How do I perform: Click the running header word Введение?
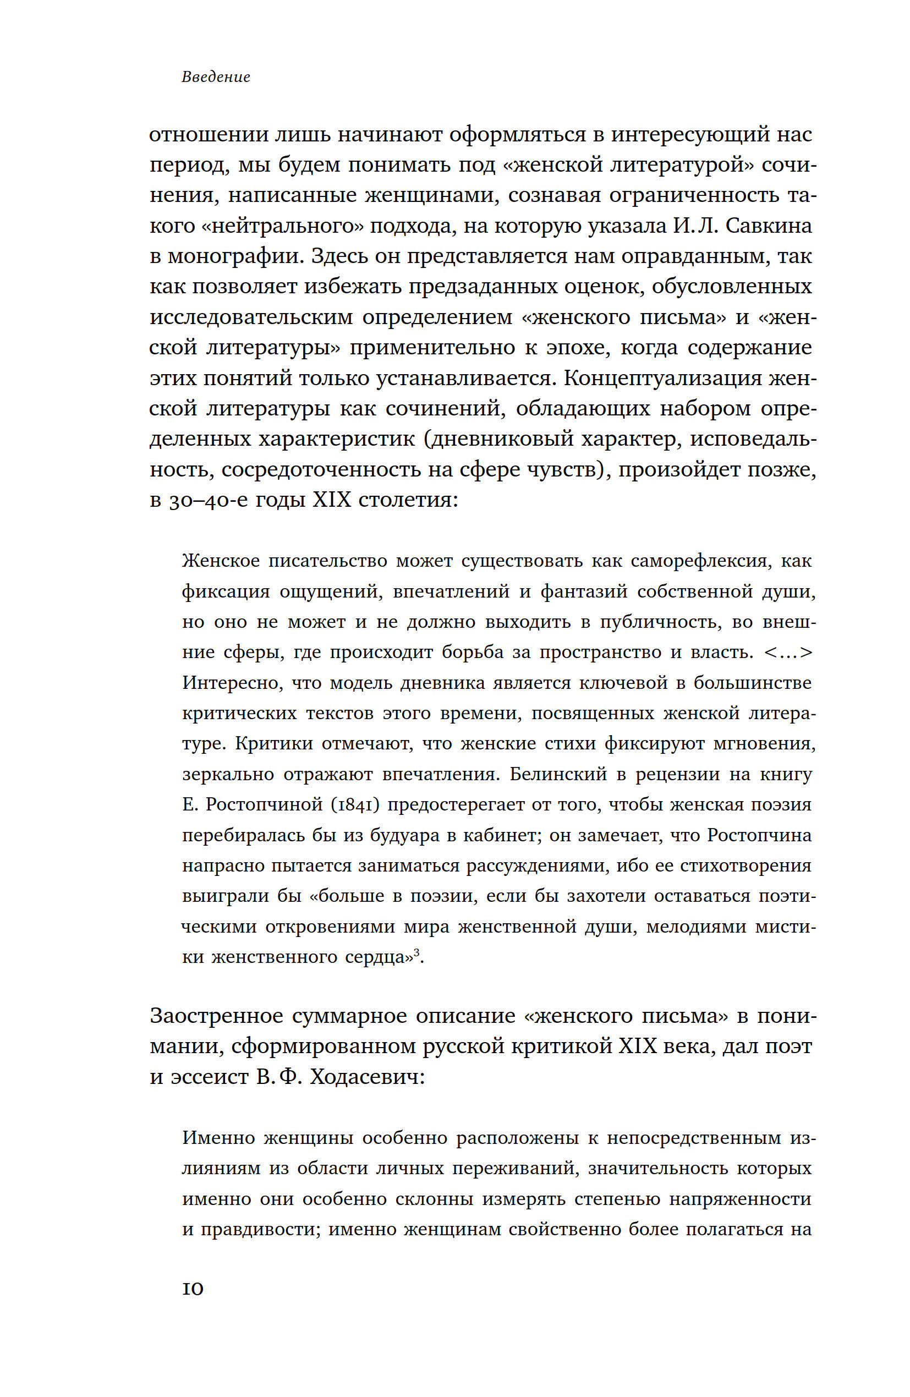point(216,77)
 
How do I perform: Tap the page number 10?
point(193,1289)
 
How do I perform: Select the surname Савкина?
point(769,226)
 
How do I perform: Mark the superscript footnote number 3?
point(416,952)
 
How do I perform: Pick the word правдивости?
point(260,1229)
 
